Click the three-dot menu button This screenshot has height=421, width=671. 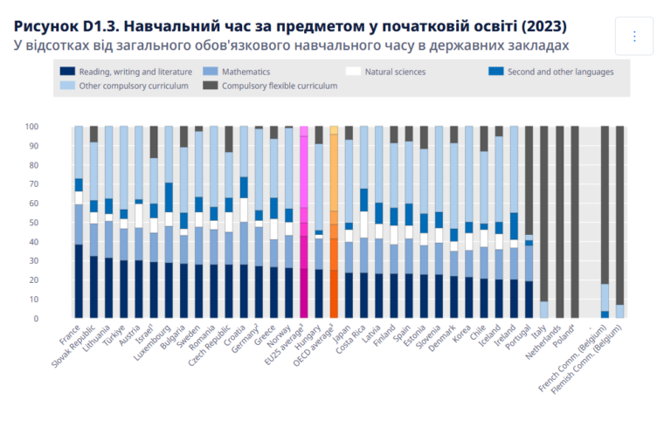coord(634,36)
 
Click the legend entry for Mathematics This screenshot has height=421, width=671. coord(246,72)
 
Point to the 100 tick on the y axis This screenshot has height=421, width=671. coord(55,127)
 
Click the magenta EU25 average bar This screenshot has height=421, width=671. coord(304,223)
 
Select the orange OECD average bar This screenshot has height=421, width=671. coord(334,223)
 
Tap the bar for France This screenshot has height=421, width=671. coord(79,223)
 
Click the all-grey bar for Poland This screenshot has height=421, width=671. coord(575,223)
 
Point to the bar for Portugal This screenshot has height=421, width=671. coord(529,223)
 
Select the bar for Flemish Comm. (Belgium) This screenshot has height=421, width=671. coord(620,223)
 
